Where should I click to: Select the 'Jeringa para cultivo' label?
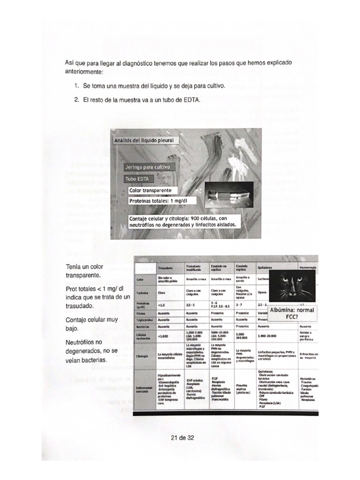pos(148,167)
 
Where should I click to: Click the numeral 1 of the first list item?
pos(76,87)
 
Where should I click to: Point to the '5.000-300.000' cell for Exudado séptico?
pos(243,336)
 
